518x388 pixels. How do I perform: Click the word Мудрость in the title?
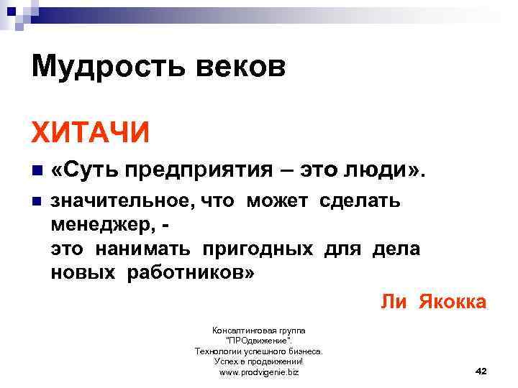99,68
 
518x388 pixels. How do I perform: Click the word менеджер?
102,226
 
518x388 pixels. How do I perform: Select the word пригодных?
258,249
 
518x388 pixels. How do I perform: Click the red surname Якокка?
451,301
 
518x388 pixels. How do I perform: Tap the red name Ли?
394,301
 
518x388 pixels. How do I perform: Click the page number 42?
482,370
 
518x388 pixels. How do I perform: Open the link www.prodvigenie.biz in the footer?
258,372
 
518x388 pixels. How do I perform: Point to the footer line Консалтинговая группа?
258,330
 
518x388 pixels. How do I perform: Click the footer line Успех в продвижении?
258,361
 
